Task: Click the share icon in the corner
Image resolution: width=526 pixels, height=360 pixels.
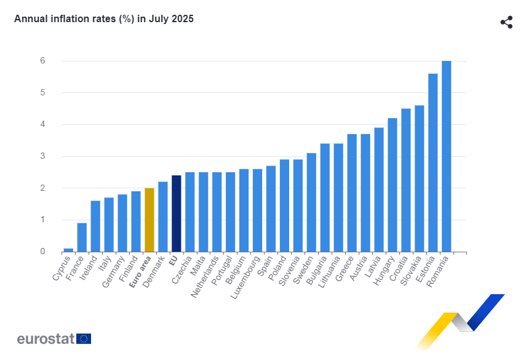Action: (506, 23)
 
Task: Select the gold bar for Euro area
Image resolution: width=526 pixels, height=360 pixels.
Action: (149, 220)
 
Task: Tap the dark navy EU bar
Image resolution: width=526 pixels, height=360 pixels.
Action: (176, 214)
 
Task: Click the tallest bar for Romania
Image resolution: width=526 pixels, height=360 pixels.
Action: (446, 156)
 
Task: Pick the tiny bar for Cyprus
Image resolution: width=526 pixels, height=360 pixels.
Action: (68, 250)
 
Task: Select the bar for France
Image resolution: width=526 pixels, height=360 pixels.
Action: (81, 238)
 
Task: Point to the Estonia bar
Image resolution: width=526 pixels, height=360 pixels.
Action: (432, 162)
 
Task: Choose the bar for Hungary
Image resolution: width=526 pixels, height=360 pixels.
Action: (392, 185)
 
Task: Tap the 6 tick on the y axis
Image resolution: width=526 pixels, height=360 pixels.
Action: (42, 61)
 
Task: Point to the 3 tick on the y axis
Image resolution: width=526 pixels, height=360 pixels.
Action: (42, 156)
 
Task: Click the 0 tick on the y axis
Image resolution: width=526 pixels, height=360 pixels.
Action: (42, 252)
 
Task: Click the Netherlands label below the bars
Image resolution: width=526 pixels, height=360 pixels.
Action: (204, 278)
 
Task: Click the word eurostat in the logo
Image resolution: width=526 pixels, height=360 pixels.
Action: (46, 338)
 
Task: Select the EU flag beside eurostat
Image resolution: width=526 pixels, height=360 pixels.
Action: (84, 338)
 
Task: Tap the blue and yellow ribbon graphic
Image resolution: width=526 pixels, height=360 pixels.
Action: (461, 320)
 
